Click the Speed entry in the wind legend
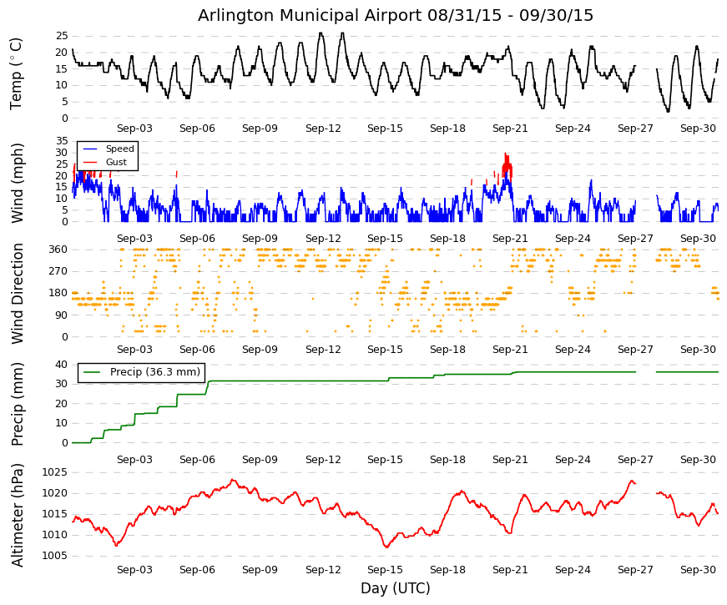119,149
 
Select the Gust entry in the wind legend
116,162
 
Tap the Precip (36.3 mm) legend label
155,372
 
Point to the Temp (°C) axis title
16,73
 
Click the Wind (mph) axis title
17,183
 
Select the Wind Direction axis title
18,294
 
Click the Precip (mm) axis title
17,404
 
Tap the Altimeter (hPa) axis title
17,515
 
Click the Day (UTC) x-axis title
396,588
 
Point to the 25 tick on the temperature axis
62,36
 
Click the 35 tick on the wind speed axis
62,141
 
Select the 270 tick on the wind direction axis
58,271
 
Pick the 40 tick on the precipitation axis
62,365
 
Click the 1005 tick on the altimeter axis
55,556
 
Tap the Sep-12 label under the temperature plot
323,129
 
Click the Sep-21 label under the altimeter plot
510,570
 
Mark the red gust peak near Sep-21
505,154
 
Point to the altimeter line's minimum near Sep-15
386,547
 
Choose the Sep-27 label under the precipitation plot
635,460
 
